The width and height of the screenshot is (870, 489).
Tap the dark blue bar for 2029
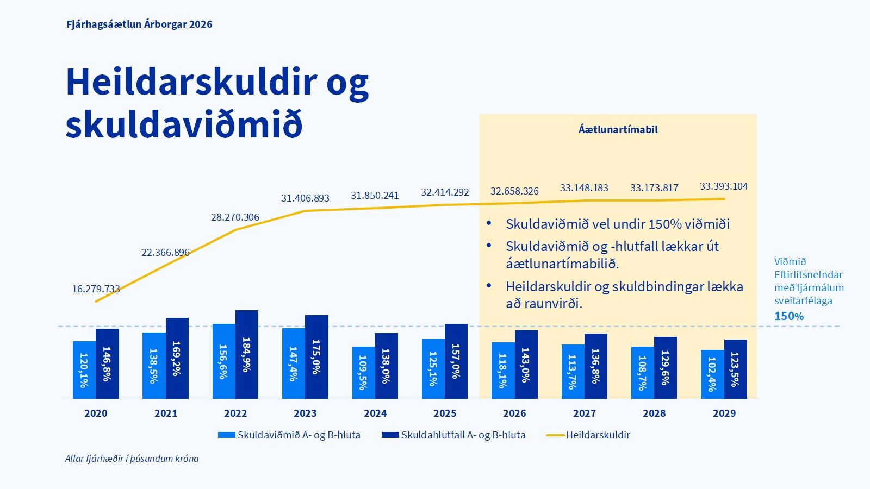(735, 369)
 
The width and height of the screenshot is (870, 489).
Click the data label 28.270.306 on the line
(235, 217)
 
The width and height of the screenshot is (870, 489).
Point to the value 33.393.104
(724, 186)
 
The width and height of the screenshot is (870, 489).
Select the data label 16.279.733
(96, 289)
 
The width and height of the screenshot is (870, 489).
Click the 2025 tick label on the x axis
(445, 413)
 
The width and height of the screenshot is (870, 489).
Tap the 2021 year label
(166, 413)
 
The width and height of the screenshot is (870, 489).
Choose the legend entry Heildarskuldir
(598, 435)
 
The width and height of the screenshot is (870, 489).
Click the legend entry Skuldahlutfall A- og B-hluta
(463, 435)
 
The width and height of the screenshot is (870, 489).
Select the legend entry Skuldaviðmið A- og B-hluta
(299, 435)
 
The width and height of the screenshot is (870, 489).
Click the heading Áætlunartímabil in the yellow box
(618, 129)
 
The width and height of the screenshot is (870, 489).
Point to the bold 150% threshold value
(788, 316)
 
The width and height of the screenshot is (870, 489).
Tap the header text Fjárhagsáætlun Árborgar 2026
(139, 24)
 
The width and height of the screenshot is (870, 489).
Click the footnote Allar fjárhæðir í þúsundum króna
(132, 459)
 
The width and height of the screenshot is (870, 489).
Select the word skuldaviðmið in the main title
(183, 124)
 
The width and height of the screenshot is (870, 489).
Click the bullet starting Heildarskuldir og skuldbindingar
(624, 294)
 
